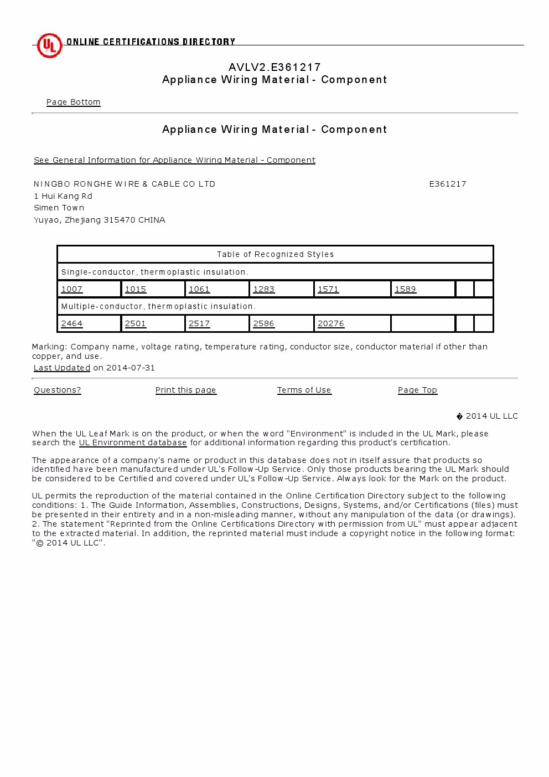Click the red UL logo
tap(49, 45)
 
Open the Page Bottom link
tap(73, 102)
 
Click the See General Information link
tap(174, 160)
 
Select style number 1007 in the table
tap(72, 289)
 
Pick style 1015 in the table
tap(136, 289)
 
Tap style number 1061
tap(199, 289)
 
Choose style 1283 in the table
tap(263, 289)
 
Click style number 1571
tap(328, 289)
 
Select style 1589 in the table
tap(405, 289)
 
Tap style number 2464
tap(72, 323)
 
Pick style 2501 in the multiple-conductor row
tap(136, 323)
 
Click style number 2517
tap(199, 323)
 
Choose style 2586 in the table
tap(263, 323)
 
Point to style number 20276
tap(331, 323)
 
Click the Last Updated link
tap(61, 368)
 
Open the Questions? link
tap(58, 390)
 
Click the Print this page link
tap(185, 390)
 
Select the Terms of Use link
tap(304, 390)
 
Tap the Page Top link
tap(417, 390)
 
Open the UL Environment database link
tap(133, 442)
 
